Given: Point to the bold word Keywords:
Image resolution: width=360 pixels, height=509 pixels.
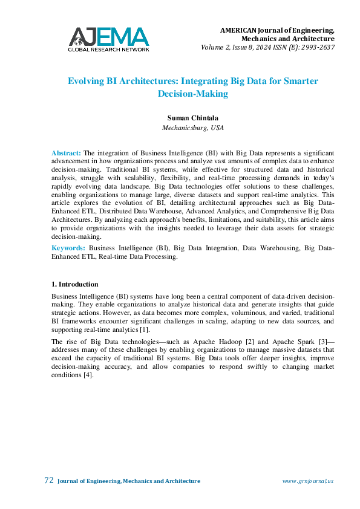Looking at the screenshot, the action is click(68, 265).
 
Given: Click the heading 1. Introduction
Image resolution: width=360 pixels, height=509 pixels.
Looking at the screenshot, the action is click(75, 284).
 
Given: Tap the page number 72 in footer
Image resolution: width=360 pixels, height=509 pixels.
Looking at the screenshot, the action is click(49, 481).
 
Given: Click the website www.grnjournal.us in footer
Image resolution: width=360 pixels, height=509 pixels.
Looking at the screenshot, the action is click(308, 481).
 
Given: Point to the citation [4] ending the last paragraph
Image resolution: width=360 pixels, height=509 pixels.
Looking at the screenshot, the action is click(88, 375).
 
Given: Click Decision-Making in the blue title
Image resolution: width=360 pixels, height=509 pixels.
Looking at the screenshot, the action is click(192, 94).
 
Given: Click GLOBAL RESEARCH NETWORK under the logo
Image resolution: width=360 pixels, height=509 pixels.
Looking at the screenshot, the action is click(108, 49).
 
